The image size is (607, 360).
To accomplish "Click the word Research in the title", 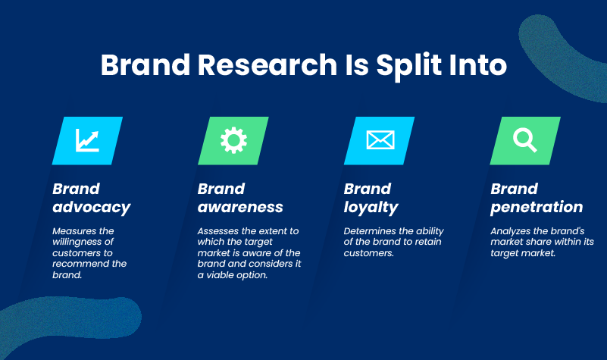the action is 268,64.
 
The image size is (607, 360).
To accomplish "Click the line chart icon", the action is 87,140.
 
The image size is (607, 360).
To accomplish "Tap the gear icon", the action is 233,140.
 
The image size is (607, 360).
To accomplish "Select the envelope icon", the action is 380,139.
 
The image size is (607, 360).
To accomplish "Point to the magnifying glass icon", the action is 525,140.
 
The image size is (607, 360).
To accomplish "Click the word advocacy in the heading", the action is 92,208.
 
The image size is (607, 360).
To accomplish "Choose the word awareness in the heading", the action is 240,207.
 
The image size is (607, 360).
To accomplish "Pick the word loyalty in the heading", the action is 371,208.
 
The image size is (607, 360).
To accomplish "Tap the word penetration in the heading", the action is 537,208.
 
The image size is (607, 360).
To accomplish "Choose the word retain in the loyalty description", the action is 427,242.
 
